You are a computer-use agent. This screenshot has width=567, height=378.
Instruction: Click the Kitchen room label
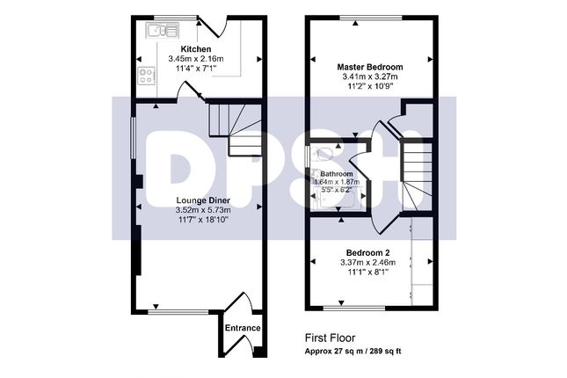(196, 48)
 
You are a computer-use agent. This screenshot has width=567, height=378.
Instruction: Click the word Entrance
(243, 328)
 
